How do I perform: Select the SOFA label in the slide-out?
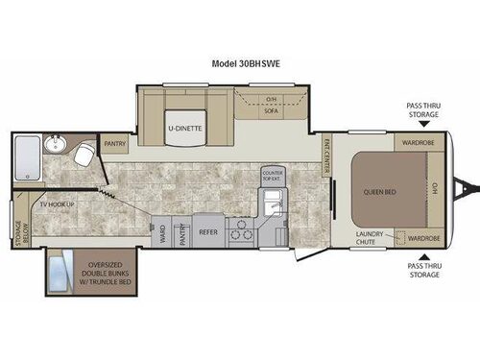(272, 111)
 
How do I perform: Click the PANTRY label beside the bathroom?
(116, 146)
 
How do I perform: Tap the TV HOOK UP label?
(57, 204)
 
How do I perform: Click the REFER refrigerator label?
(208, 232)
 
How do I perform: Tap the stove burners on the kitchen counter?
(242, 231)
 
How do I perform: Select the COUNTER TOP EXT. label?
(274, 176)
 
